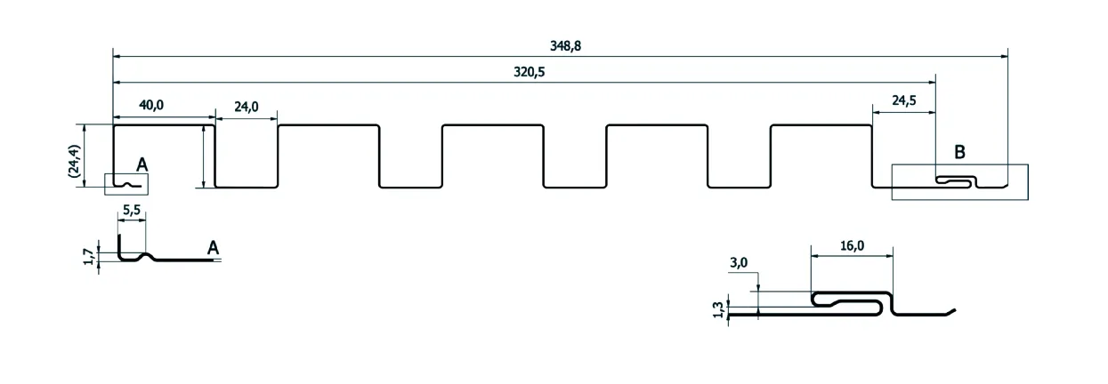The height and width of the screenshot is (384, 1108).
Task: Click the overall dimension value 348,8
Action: (565, 46)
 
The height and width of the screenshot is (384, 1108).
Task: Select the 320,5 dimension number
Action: (530, 72)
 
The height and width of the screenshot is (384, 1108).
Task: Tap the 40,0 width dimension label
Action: (151, 105)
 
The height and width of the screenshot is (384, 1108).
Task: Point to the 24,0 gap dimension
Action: (247, 107)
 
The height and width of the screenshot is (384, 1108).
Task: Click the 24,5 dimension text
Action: (904, 100)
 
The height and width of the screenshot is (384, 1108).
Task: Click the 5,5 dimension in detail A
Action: (132, 210)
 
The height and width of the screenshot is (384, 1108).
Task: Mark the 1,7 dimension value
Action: (89, 257)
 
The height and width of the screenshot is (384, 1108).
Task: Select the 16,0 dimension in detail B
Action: (853, 245)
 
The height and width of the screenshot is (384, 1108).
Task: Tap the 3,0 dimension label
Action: (739, 263)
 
